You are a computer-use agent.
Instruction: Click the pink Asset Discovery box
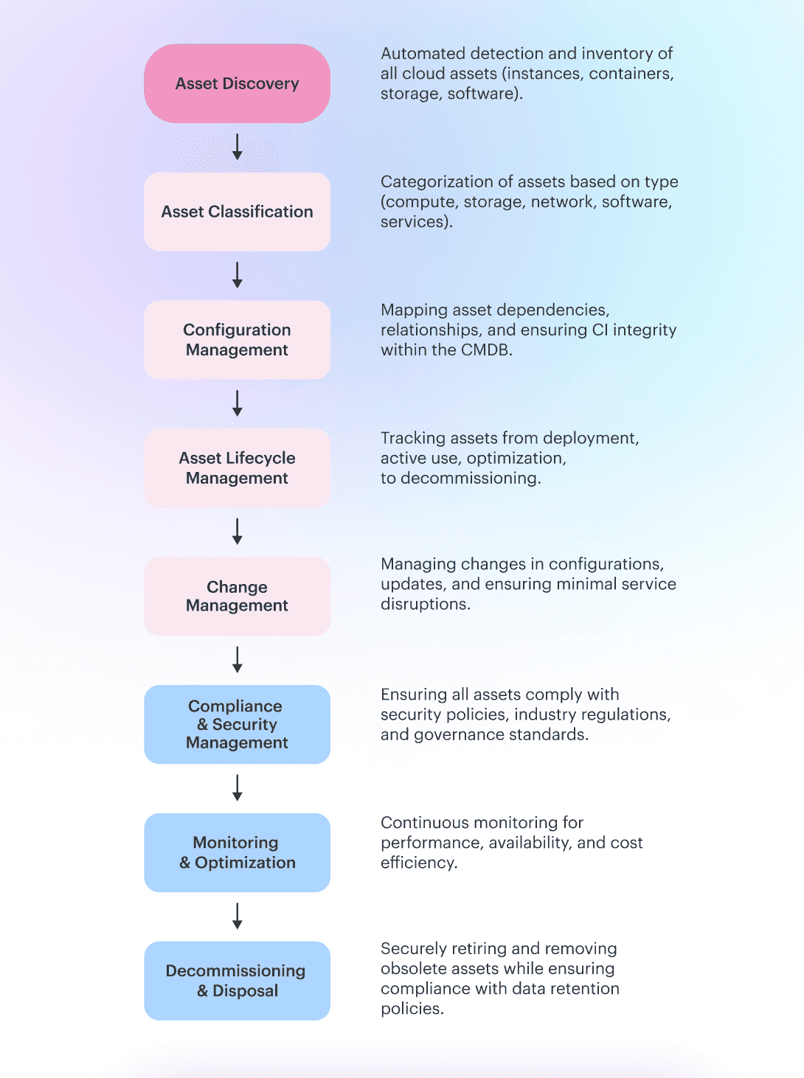pos(237,83)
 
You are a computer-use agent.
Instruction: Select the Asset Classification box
pos(237,212)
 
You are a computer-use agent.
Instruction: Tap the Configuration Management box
pos(237,340)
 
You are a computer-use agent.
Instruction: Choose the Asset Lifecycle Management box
pos(237,468)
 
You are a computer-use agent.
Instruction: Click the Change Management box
pos(237,597)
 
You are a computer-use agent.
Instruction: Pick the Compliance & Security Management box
pos(237,724)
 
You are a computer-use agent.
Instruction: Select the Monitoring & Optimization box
pos(237,852)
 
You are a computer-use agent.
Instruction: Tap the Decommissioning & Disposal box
pos(237,981)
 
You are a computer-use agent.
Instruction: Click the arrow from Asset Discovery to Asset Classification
pos(237,147)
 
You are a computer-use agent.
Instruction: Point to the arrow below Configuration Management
pos(237,403)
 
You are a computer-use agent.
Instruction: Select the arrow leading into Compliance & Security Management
pos(237,660)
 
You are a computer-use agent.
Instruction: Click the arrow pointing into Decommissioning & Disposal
pos(237,916)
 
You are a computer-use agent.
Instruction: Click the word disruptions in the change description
pos(425,605)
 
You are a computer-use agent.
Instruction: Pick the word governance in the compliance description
pos(458,735)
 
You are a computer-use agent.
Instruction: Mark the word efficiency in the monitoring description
pos(418,863)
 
